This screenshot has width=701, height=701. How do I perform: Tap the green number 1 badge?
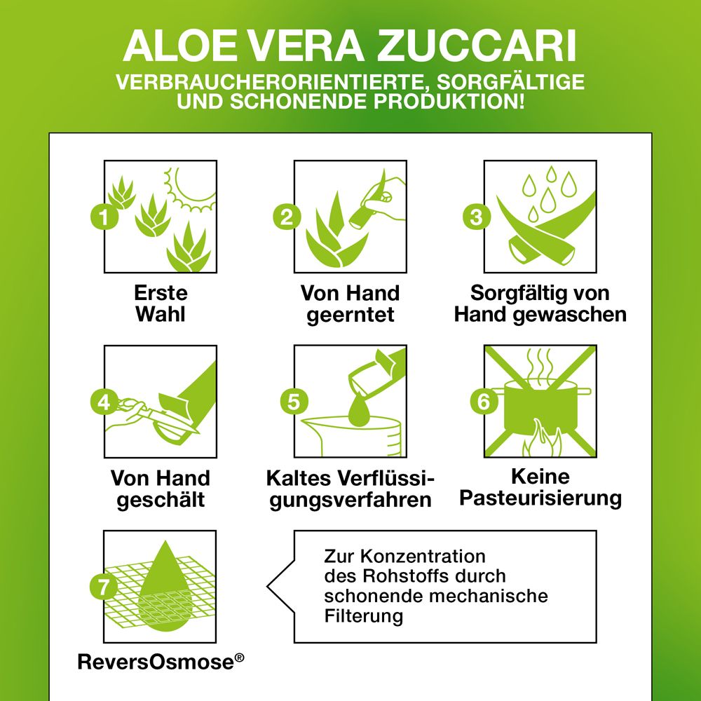[x=104, y=217]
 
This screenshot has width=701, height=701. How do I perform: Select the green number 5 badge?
[x=294, y=402]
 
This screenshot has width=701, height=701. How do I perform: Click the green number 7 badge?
[x=104, y=587]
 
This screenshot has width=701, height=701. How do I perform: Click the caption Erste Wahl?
[x=161, y=303]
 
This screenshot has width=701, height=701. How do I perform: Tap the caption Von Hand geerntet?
[x=350, y=303]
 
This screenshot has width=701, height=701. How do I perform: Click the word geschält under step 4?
[x=161, y=500]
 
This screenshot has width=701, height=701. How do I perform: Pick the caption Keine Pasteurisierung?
[x=540, y=488]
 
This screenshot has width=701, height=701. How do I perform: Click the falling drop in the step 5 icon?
[x=358, y=409]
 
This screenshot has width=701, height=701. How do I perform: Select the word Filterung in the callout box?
[x=363, y=616]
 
